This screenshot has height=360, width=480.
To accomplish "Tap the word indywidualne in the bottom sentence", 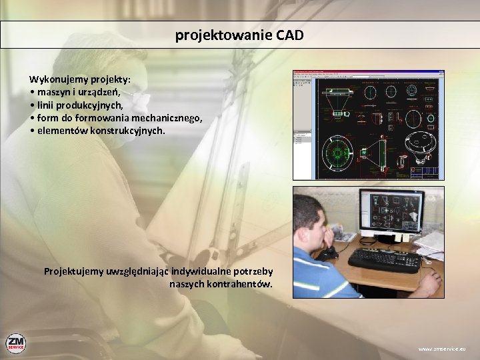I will pyautogui.click(x=203, y=271).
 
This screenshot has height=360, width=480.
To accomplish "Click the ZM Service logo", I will pyautogui.click(x=15, y=343).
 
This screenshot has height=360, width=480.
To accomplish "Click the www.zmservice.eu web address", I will pyautogui.click(x=442, y=349).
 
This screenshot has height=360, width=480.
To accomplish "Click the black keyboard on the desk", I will pyautogui.click(x=385, y=259).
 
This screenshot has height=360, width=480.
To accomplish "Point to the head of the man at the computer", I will pyautogui.click(x=311, y=220).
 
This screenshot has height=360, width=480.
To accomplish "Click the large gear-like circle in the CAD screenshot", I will pyautogui.click(x=339, y=151).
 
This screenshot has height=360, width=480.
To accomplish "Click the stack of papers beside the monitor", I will pyautogui.click(x=431, y=244).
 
